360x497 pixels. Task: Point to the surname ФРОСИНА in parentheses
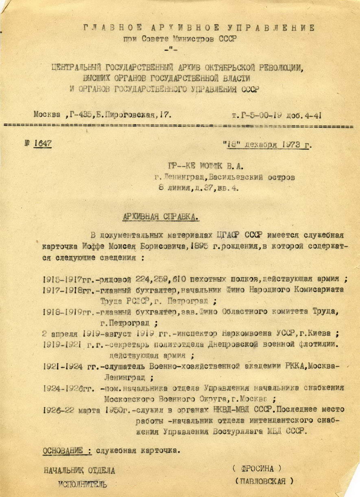click(x=257, y=469)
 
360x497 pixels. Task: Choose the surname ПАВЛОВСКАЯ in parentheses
click(x=264, y=481)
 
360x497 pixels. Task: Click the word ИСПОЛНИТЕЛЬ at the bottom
click(x=83, y=484)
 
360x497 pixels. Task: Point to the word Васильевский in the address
click(x=236, y=177)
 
